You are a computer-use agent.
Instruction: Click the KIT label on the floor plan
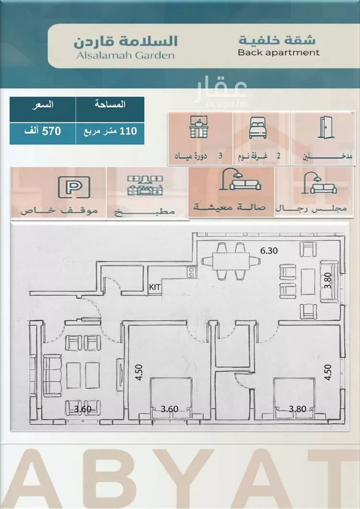tap(155, 287)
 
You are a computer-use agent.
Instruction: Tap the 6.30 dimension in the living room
tap(269, 250)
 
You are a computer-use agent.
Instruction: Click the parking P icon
tap(74, 187)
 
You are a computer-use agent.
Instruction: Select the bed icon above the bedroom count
tap(258, 128)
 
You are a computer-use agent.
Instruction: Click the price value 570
tap(52, 131)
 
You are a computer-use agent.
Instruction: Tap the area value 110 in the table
tap(128, 131)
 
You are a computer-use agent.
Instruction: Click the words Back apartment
tap(278, 52)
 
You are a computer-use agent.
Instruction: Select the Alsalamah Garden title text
tap(125, 55)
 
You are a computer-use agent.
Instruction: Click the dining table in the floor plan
tap(231, 261)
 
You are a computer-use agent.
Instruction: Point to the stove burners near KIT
tap(192, 272)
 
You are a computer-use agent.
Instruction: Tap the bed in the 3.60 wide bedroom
tap(171, 398)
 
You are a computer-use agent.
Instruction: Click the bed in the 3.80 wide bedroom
tap(294, 398)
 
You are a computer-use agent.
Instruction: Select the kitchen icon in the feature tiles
tap(145, 186)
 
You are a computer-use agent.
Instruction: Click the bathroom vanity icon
tap(199, 127)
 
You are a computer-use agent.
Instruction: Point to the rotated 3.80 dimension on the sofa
tap(328, 281)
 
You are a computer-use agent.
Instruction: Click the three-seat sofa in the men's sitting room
tap(52, 376)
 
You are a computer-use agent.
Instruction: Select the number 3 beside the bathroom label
tap(220, 156)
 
